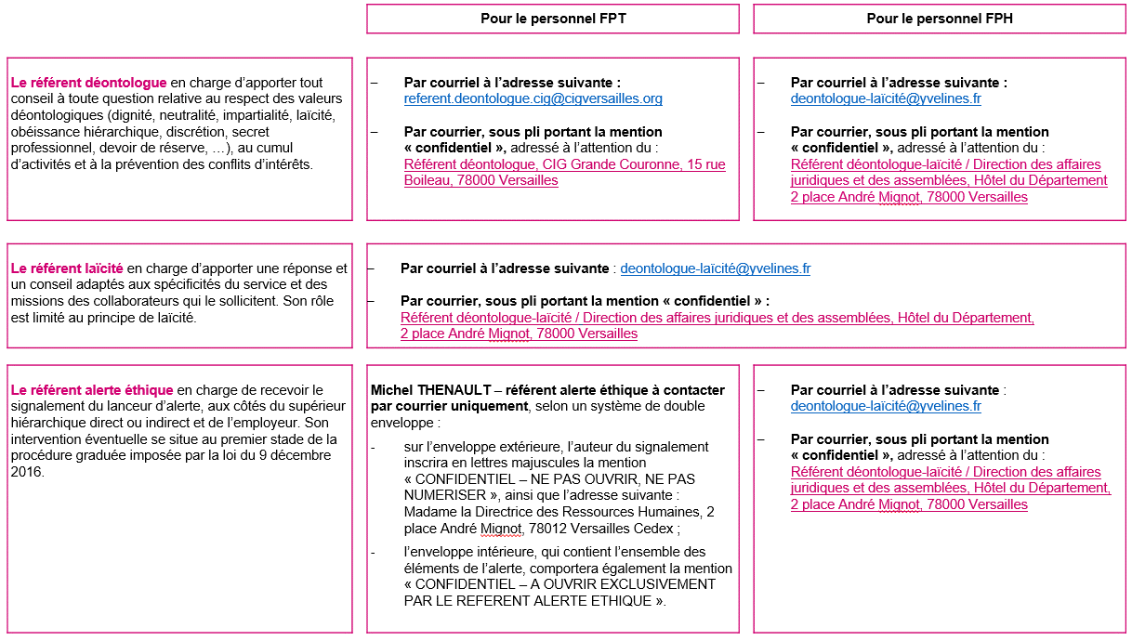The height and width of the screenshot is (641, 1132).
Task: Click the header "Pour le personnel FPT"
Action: pyautogui.click(x=552, y=19)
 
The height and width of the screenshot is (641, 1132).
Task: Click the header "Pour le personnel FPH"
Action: pyautogui.click(x=939, y=19)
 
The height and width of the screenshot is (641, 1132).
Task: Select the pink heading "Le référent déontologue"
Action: pyautogui.click(x=89, y=83)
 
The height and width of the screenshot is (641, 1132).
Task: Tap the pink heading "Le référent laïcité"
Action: pyautogui.click(x=67, y=268)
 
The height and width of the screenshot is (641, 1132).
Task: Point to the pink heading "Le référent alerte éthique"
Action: pyautogui.click(x=92, y=390)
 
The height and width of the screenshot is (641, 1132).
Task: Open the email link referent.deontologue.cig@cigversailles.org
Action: pyautogui.click(x=533, y=98)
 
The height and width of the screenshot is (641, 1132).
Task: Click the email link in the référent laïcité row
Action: pyautogui.click(x=715, y=268)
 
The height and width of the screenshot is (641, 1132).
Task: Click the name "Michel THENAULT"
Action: pyautogui.click(x=425, y=390)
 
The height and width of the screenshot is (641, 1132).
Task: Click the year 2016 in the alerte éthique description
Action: pyautogui.click(x=27, y=471)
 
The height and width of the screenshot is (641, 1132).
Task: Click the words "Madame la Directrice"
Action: pyautogui.click(x=464, y=512)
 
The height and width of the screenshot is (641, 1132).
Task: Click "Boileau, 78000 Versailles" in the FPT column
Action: pyautogui.click(x=480, y=180)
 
